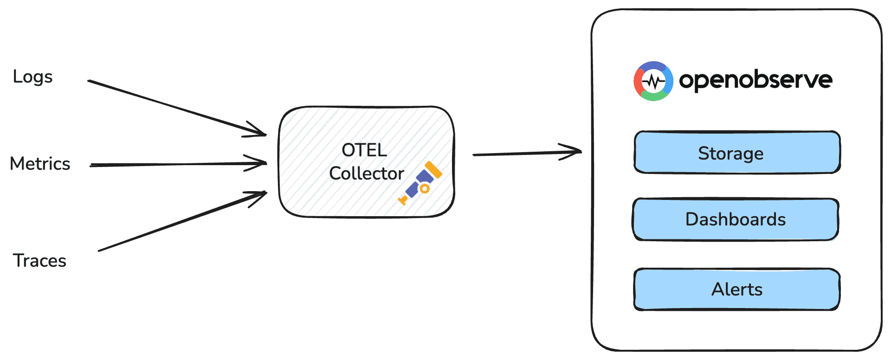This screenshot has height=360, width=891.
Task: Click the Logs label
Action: pos(32,77)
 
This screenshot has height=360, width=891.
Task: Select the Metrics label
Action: pos(40,164)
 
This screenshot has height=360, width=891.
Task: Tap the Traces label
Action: pos(39,261)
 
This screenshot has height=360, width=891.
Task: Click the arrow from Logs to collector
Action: pos(176,108)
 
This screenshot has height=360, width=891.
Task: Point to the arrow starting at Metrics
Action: pos(176,164)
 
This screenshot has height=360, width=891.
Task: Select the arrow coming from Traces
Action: pos(181,222)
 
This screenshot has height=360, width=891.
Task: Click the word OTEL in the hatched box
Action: pos(364,150)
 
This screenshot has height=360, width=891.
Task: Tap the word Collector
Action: pos(366,174)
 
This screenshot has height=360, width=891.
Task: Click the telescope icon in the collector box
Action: pos(420,183)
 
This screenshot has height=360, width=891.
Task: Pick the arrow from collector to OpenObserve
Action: pos(524,153)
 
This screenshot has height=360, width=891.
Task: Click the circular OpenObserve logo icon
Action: pos(653,81)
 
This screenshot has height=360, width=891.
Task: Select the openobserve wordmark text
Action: pos(755,80)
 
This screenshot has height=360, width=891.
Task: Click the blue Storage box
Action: pos(737,153)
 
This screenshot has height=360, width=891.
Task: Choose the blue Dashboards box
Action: pos(736,219)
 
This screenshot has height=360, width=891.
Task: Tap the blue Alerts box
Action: pos(737,289)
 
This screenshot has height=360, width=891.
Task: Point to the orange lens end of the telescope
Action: pos(433,169)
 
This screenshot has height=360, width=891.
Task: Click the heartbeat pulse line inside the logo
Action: pos(653,82)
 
